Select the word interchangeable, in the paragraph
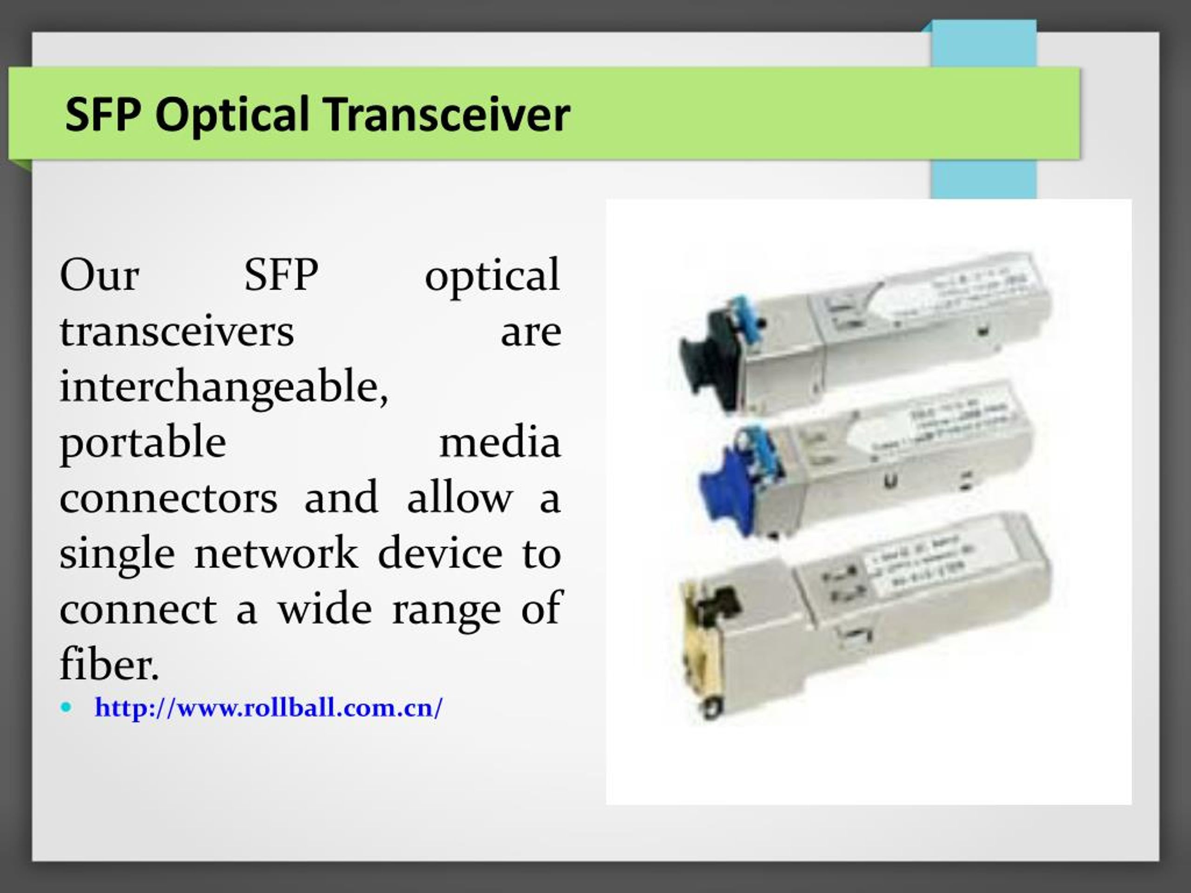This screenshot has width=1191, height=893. point(223,387)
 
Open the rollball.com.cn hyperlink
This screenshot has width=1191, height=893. point(269,707)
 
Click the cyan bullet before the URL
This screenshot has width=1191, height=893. point(66,707)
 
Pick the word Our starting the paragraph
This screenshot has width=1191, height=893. point(100,276)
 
